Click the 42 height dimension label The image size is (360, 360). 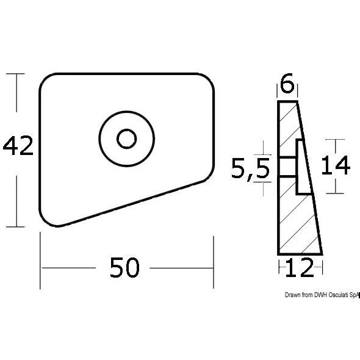(x=18, y=146)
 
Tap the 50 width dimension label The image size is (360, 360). (x=124, y=267)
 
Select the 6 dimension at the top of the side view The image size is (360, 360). (x=287, y=83)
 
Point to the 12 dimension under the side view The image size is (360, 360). (x=300, y=267)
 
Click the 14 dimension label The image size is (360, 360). (x=336, y=165)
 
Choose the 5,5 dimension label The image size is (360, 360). (x=250, y=168)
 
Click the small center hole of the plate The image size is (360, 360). (x=127, y=139)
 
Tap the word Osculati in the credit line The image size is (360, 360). (x=339, y=295)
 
